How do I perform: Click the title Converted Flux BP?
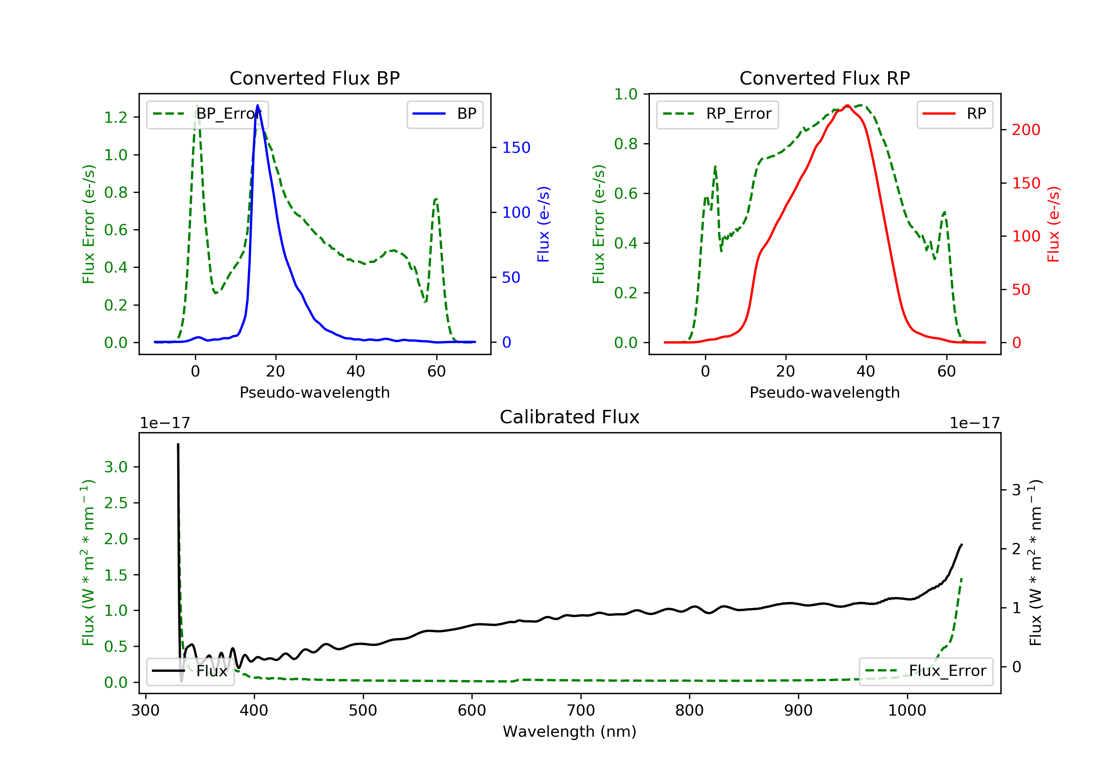click(x=314, y=78)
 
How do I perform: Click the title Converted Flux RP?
click(x=824, y=78)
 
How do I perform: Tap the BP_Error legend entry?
click(x=207, y=114)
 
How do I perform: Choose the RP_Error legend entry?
click(x=717, y=114)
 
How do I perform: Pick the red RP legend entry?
click(x=954, y=114)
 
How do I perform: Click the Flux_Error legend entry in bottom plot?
click(x=926, y=671)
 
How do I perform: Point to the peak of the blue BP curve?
click(x=258, y=105)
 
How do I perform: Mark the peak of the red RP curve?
click(x=847, y=106)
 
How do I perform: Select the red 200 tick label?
click(x=1026, y=130)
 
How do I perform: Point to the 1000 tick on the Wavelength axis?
click(x=907, y=711)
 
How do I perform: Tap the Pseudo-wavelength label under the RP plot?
click(x=824, y=392)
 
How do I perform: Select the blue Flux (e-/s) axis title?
click(x=543, y=224)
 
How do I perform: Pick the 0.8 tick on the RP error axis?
click(x=626, y=144)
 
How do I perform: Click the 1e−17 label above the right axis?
click(x=974, y=423)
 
